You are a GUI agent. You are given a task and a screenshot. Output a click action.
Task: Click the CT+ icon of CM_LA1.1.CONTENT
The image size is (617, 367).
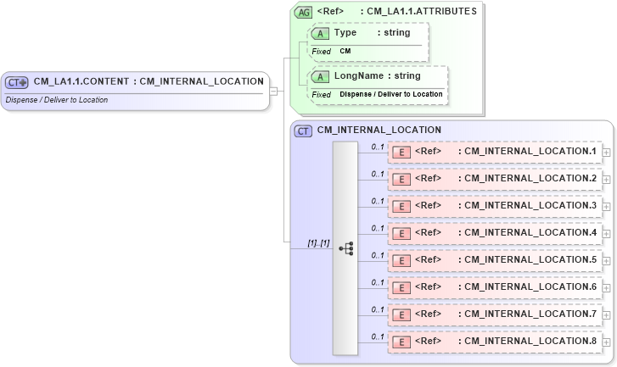pos(17,82)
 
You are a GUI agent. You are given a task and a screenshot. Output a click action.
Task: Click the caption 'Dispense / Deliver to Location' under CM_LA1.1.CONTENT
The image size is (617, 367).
pos(56,99)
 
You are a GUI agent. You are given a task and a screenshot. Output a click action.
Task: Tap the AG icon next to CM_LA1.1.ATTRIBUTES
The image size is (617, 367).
pos(303,12)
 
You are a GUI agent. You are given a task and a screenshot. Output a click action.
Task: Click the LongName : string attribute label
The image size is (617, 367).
pos(376,76)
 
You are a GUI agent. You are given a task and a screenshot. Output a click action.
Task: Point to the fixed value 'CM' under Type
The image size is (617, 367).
pos(345,51)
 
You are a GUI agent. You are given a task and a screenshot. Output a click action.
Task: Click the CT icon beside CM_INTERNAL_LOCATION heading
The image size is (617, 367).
pos(303,131)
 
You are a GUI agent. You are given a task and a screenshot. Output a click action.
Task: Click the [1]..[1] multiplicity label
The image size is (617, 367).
pos(318,242)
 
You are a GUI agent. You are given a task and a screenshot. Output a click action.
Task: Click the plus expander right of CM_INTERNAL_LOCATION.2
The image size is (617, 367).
pos(607,179)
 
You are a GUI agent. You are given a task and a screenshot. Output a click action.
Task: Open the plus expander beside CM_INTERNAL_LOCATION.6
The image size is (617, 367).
pos(607,287)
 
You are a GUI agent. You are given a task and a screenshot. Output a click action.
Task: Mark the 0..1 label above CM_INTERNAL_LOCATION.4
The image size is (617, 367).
pos(378,228)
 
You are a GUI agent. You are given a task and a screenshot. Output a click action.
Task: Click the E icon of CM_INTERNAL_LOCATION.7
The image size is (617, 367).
pos(403,314)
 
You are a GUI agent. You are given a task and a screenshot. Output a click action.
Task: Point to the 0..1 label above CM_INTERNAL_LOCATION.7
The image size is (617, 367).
pos(378,309)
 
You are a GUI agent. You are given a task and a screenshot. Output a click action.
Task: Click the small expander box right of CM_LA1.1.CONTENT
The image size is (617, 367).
pos(273,91)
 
